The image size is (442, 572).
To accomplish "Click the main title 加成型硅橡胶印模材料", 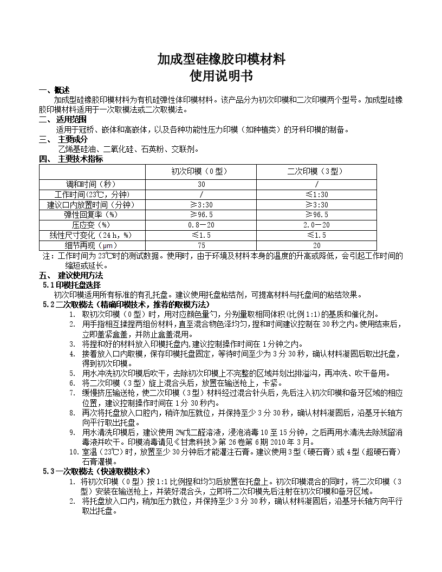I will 221,59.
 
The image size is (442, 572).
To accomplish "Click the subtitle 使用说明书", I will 221,76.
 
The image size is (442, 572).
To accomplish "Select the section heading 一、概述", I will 55,90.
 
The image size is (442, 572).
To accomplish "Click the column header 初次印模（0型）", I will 201,171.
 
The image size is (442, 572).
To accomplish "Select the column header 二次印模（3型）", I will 316,171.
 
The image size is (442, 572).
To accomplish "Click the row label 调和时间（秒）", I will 92,184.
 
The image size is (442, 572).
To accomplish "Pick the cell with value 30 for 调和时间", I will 201,184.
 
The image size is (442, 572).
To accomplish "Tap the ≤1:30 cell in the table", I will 316,194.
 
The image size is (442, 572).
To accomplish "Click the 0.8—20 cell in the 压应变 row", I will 201,225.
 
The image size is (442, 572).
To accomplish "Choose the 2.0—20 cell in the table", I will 316,225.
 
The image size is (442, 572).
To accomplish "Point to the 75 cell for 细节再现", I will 201,245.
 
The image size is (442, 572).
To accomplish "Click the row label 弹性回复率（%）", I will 92,214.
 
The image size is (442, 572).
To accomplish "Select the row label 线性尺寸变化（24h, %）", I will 92,235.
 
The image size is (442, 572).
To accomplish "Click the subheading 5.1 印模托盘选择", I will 71,285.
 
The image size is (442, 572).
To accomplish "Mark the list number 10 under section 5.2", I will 74,452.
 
